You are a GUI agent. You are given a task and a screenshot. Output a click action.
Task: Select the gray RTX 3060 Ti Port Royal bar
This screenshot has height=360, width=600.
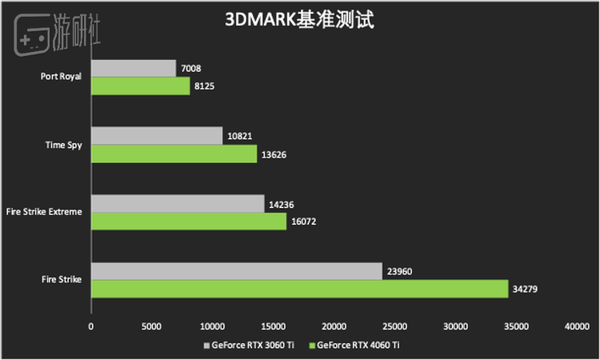(134, 68)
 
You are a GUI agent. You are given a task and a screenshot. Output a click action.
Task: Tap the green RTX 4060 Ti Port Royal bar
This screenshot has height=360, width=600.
(140, 85)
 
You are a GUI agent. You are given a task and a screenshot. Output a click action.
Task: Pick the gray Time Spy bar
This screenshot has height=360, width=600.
(157, 136)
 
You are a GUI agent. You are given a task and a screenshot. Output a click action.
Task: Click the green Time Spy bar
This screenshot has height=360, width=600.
(174, 153)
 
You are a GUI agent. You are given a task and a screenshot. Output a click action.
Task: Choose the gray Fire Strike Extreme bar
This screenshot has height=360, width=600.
(178, 204)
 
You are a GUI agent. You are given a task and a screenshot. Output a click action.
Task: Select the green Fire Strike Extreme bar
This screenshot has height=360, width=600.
(189, 221)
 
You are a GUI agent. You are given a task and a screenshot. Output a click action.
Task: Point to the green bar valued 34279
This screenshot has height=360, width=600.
(299, 288)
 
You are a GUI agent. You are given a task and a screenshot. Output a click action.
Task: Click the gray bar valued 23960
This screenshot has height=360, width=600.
(237, 271)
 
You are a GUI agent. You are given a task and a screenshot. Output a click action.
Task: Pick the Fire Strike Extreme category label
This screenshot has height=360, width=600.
(45, 212)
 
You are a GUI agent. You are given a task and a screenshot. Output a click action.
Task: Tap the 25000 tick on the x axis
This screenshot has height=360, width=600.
(394, 326)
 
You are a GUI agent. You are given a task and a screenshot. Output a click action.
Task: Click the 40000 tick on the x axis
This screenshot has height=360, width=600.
(576, 326)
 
